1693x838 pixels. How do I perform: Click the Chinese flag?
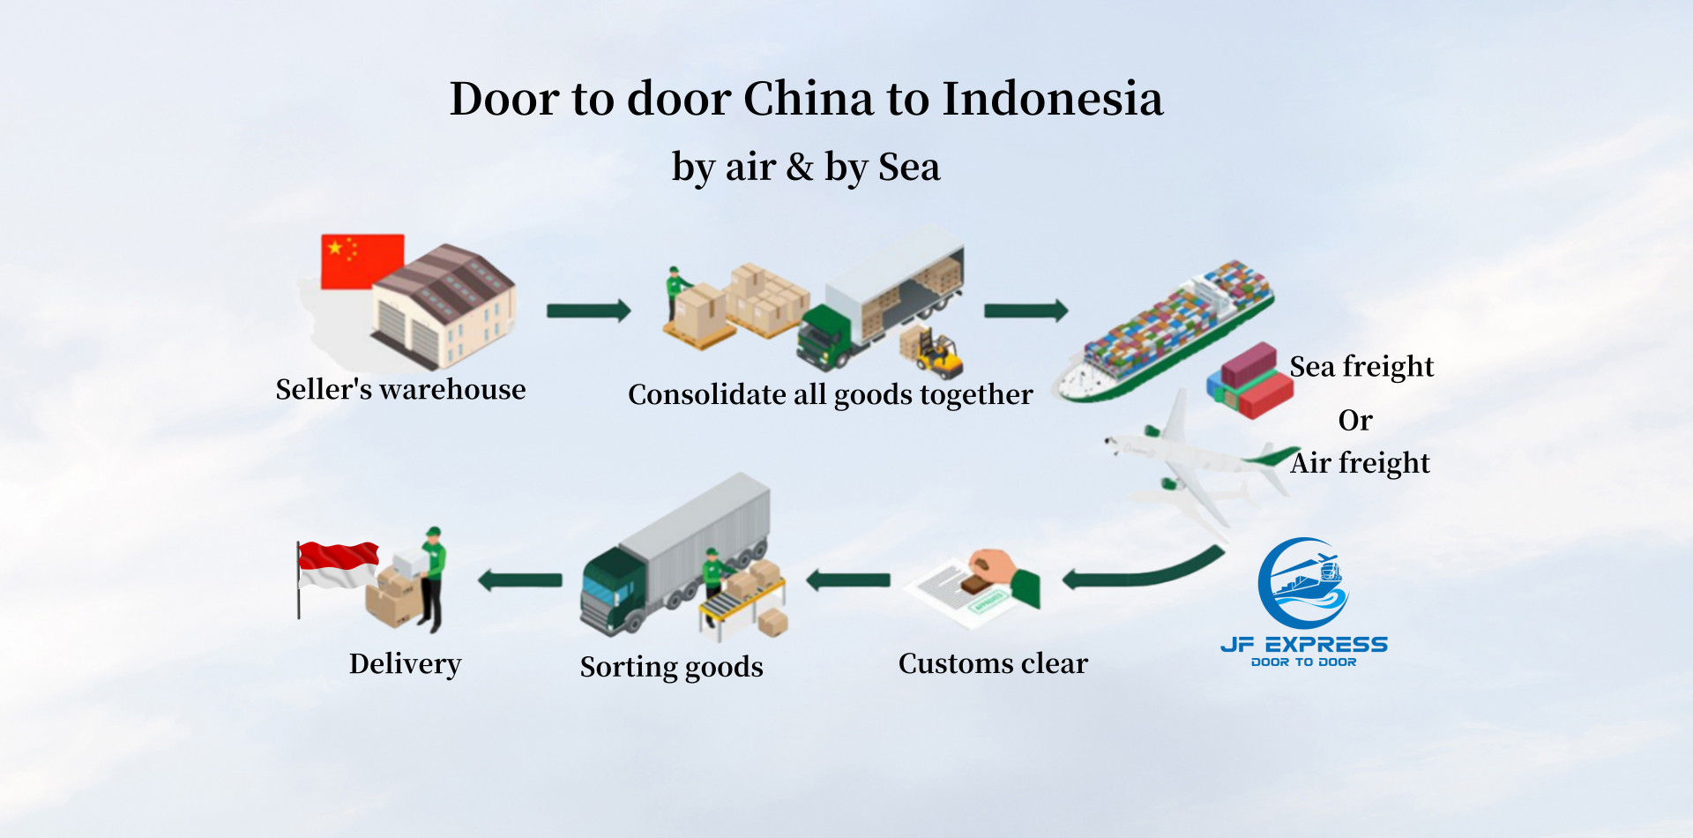pyautogui.click(x=362, y=261)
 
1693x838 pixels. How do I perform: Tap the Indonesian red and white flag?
pyautogui.click(x=339, y=565)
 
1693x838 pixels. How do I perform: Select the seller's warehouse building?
pyautogui.click(x=444, y=306)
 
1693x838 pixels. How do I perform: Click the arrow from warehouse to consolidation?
pyautogui.click(x=588, y=311)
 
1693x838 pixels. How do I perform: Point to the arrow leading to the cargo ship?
pyautogui.click(x=1025, y=311)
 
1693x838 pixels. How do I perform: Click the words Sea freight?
pyautogui.click(x=1361, y=366)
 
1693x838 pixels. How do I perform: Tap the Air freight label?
pyautogui.click(x=1360, y=463)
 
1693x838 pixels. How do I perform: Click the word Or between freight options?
pyautogui.click(x=1355, y=421)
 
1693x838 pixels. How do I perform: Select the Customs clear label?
pyautogui.click(x=993, y=663)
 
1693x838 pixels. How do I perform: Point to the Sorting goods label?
pyautogui.click(x=672, y=667)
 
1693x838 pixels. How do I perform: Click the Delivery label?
pyautogui.click(x=406, y=664)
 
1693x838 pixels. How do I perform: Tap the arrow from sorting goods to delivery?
pyautogui.click(x=520, y=580)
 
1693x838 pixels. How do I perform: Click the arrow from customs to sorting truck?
pyautogui.click(x=848, y=580)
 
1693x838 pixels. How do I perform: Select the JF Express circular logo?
pyautogui.click(x=1303, y=583)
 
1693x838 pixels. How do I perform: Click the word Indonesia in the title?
pyautogui.click(x=1053, y=98)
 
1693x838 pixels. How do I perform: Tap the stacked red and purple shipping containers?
pyautogui.click(x=1250, y=379)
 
